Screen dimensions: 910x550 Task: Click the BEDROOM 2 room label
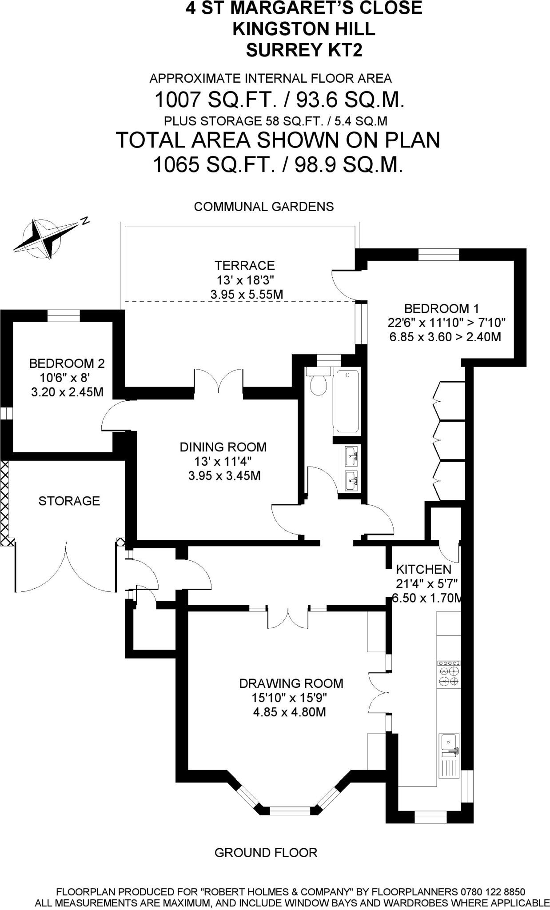(67, 363)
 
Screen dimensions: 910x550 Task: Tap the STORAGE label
(69, 501)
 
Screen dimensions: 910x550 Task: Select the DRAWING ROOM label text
(291, 683)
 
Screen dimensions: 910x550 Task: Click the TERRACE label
(244, 266)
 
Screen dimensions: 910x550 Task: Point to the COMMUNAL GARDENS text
(264, 207)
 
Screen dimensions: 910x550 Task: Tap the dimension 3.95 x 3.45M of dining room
(224, 476)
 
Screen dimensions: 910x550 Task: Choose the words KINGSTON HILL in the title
(304, 29)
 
